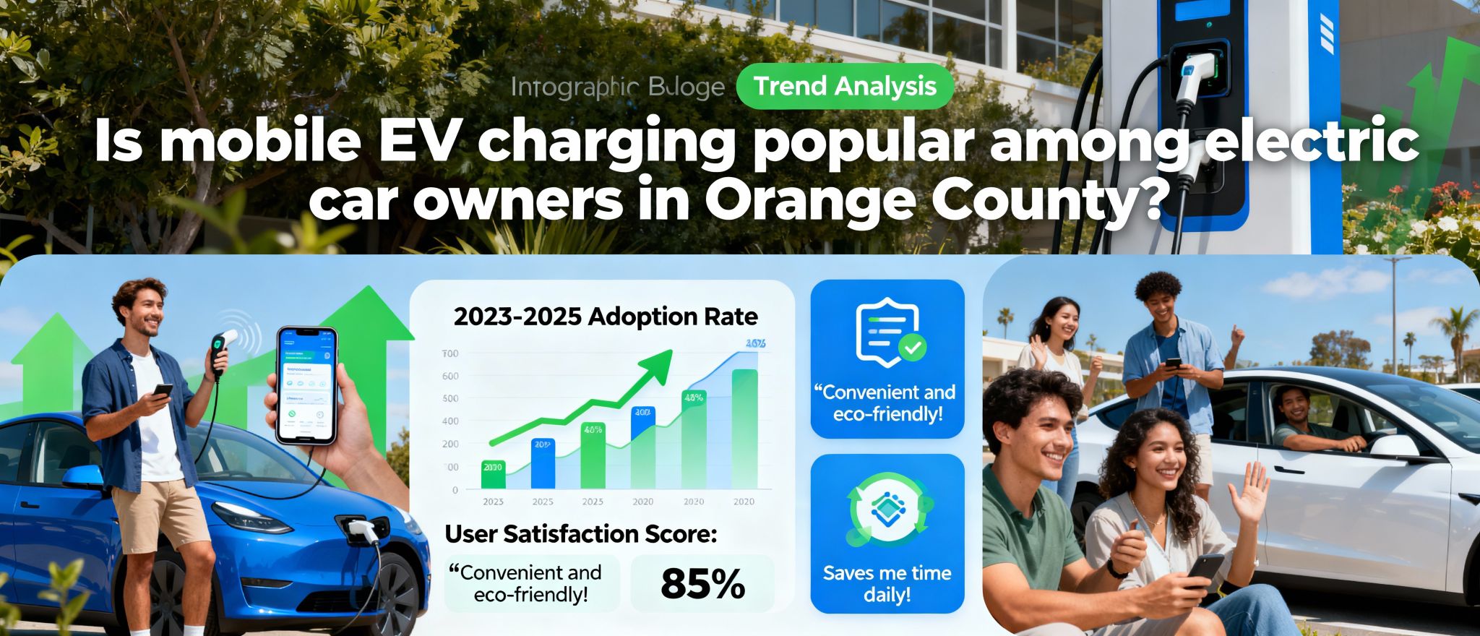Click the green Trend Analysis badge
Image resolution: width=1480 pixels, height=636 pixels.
(844, 87)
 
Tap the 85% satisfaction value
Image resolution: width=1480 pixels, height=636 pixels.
(702, 585)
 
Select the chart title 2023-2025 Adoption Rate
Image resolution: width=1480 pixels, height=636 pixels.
(606, 317)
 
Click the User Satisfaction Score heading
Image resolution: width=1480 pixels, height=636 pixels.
(581, 534)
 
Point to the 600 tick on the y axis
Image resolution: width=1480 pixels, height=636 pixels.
(450, 376)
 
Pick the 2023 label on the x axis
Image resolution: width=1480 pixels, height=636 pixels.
(493, 502)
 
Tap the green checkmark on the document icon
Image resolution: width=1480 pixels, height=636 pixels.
(912, 349)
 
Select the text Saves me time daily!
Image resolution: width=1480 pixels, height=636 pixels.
(887, 584)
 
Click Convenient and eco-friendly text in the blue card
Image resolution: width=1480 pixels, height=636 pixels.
(887, 403)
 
